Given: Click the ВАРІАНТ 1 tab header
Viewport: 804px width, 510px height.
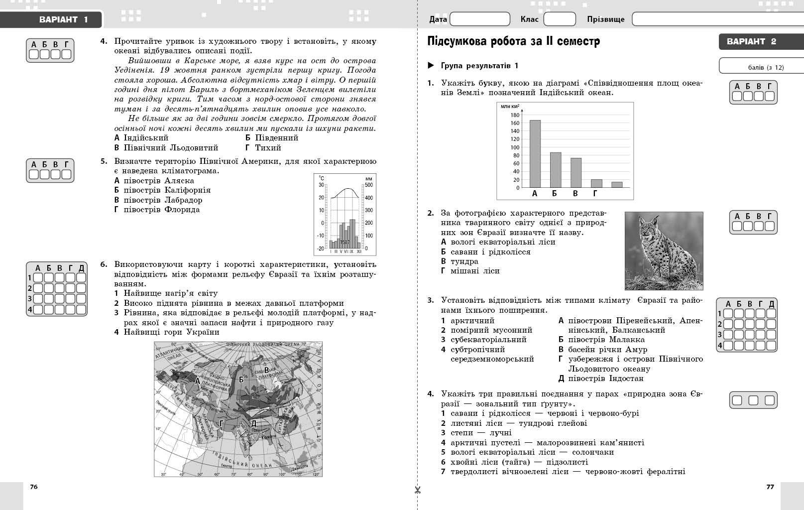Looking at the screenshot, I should pos(63,20).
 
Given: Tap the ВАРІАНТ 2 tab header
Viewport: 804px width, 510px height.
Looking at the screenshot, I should pos(751,41).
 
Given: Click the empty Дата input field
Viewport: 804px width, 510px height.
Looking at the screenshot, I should pos(479,19).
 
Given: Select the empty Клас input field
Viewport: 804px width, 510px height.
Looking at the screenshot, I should pos(559,19).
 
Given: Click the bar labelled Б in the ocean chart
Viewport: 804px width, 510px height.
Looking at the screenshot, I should pos(555,169).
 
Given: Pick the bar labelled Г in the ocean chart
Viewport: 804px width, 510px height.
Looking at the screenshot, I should pos(596,183).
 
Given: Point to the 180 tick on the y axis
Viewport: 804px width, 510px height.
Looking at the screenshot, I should pos(514,115).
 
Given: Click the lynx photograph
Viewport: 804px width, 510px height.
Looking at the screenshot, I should pos(664,251).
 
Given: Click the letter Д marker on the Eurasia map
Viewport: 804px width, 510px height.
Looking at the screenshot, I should pos(253,423).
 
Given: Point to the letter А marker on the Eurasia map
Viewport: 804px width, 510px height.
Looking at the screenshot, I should pos(197,381).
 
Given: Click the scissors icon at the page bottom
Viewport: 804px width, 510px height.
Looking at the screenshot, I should pos(417,490).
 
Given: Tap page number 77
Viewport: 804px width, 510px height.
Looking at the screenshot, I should pos(770,487).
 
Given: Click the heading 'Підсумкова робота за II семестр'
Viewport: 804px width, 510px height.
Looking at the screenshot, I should pos(513,41).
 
